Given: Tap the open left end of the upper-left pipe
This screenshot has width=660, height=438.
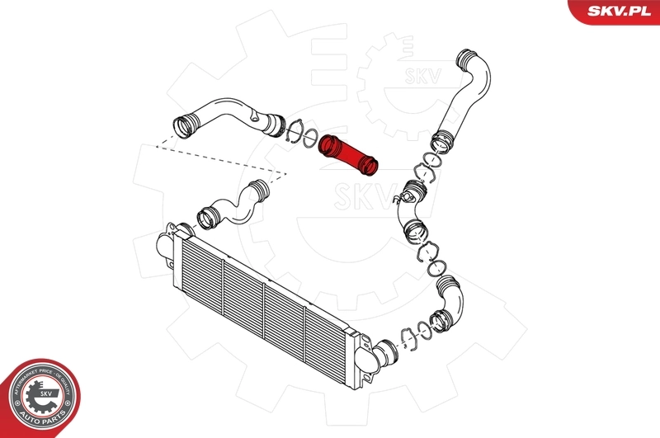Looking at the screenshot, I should click(x=183, y=128).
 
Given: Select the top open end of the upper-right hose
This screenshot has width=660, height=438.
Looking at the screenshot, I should click(x=467, y=60).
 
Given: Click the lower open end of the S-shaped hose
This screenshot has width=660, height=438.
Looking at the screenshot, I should click(x=207, y=220).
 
